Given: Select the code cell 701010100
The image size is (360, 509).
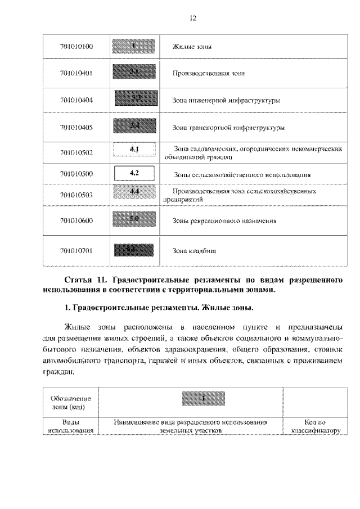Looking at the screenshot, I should point(76,46).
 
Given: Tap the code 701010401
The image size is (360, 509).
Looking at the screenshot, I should point(76,73).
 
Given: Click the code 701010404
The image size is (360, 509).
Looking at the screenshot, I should point(76,100).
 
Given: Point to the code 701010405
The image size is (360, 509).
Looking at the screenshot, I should point(76,128).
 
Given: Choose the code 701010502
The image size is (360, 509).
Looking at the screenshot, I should point(76,152).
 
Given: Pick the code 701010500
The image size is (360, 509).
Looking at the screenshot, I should point(76,174).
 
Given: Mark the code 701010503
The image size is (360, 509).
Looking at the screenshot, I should point(76,195).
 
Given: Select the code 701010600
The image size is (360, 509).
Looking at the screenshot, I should point(76,221).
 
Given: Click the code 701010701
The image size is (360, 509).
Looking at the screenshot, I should point(76,250).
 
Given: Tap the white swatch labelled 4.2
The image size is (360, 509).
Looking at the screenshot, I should point(134,173).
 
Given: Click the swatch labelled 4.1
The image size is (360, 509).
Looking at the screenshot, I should point(134,150).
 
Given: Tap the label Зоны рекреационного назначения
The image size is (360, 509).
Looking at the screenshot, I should point(225,221).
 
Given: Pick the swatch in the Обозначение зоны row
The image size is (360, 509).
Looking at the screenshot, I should point(204,399).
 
